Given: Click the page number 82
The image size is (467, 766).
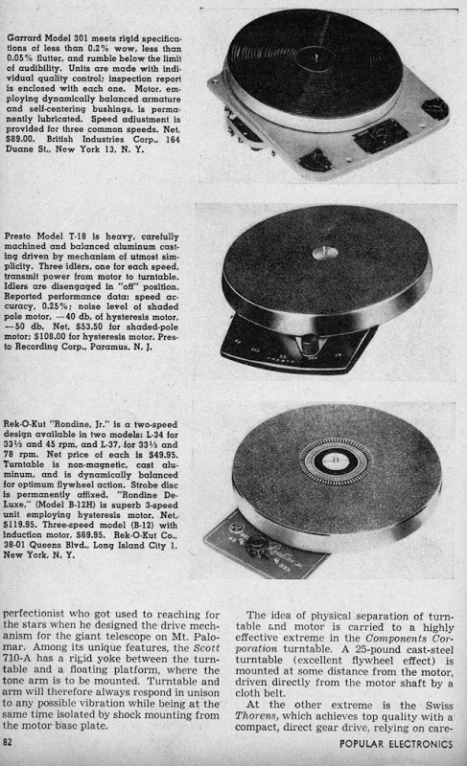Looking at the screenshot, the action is click(x=7, y=743).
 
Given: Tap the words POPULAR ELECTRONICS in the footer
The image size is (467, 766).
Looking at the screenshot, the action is click(x=396, y=744).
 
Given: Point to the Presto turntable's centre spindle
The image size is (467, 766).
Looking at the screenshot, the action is click(x=324, y=253).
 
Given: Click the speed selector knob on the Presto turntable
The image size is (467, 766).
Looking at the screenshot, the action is click(x=310, y=345).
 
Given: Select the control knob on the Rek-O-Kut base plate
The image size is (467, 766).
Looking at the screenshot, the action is click(x=256, y=544).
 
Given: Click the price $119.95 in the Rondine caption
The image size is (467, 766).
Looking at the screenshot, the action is click(x=19, y=525).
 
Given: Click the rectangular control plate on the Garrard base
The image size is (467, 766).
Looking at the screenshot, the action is click(x=381, y=134).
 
